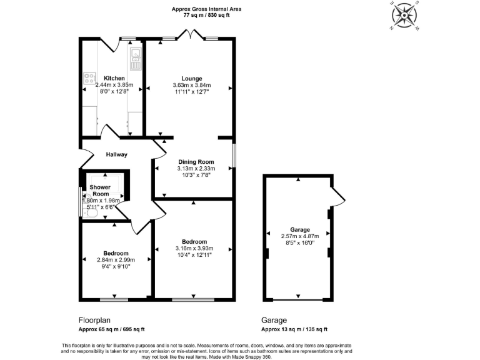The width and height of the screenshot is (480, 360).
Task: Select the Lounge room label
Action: pyautogui.click(x=192, y=78)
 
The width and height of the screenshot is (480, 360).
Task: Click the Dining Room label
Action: pyautogui.click(x=196, y=162)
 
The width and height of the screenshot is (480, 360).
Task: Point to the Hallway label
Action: pyautogui.click(x=116, y=154)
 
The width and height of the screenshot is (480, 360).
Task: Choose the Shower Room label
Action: pyautogui.click(x=100, y=191)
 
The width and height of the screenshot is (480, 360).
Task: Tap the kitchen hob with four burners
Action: pyautogui.click(x=88, y=79)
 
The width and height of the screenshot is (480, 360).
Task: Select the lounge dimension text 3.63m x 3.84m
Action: pyautogui.click(x=192, y=85)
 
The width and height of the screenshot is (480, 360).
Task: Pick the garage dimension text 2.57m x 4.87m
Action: pyautogui.click(x=299, y=236)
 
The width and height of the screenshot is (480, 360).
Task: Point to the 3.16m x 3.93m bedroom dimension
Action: pyautogui.click(x=194, y=249)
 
